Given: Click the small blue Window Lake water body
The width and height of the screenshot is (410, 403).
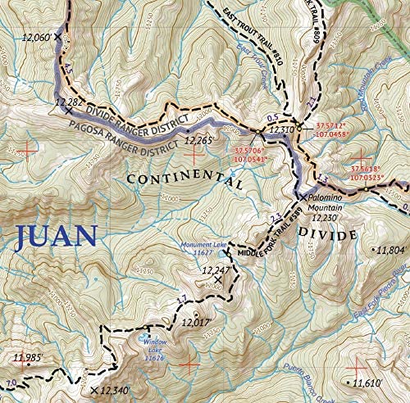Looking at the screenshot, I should click(145, 337).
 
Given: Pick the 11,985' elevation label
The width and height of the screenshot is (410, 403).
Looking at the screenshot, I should click(30, 357).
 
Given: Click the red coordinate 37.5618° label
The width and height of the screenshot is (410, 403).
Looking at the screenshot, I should click(369, 170).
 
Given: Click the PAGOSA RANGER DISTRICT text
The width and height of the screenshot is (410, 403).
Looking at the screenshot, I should click(123, 136).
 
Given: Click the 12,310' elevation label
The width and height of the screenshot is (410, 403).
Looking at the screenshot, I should click(281, 129).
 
